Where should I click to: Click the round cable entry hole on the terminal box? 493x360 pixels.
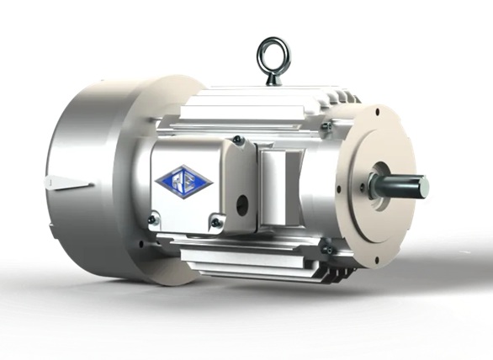coord(241,203)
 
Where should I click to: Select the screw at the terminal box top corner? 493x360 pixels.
coord(238,140)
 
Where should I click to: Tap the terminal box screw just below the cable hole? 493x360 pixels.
coord(217,222)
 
